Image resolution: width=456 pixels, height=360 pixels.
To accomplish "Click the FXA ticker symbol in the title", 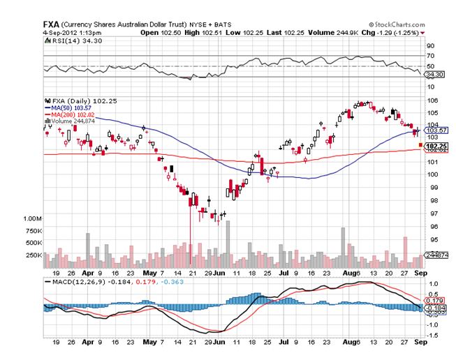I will pos(51,24).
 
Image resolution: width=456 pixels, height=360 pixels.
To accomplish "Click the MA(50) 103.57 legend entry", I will pos(72,109).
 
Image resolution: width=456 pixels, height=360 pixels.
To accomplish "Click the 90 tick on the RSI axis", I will pos(430,45).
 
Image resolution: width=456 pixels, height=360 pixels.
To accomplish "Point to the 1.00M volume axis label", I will pos(32,218).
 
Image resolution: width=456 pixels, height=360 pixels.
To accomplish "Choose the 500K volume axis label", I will pos(33,243).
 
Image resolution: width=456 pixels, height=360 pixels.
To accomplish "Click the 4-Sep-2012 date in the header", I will pos(61,32).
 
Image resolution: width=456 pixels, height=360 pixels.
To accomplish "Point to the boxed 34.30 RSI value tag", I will pos(435,74).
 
